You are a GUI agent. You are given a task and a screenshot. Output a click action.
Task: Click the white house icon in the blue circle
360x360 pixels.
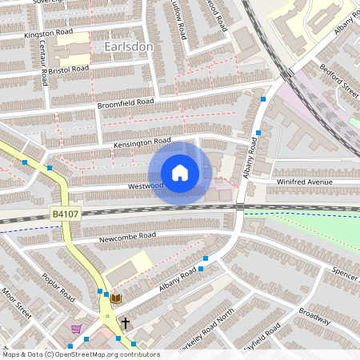[180, 173]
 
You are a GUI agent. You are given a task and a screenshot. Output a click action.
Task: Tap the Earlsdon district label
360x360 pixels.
[129, 47]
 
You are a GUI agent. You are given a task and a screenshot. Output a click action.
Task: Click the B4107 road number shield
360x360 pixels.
[62, 214]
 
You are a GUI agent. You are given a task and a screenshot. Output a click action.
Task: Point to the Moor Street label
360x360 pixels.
[15, 304]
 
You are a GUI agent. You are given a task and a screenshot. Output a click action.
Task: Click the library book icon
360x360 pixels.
[116, 298]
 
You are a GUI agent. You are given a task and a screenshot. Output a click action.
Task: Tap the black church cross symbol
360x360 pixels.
[125, 323]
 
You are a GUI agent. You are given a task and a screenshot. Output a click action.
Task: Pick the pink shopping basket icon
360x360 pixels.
[76, 329]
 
